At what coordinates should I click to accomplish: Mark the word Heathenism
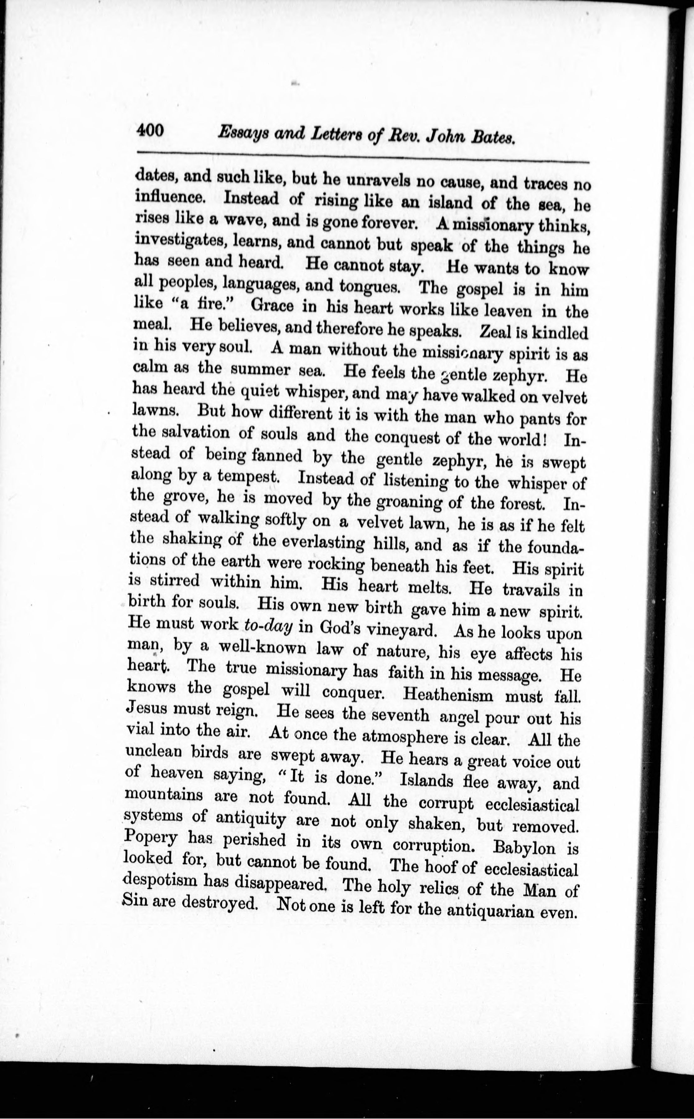pos(448,694)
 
